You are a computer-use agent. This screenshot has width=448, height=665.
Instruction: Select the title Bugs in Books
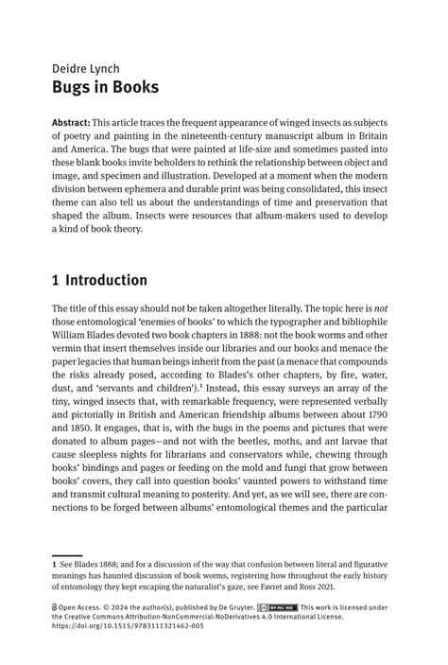click(105, 88)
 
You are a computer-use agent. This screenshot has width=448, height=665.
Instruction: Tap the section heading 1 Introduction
click(99, 280)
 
